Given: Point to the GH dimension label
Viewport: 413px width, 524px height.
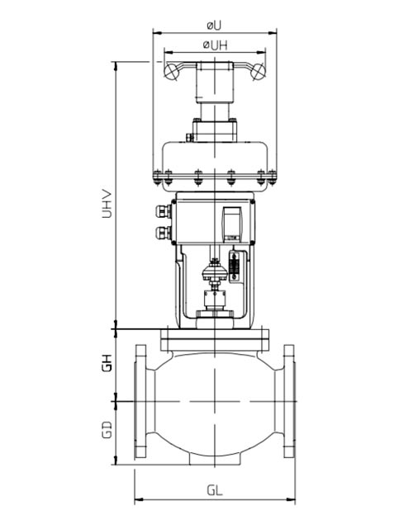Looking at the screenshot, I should point(107,363).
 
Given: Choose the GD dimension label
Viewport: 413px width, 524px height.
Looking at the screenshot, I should point(107,430).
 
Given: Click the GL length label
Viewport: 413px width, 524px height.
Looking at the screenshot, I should point(215,490).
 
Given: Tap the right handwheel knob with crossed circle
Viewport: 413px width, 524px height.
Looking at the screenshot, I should point(258,73).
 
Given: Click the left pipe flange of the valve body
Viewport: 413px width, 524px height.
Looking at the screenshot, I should point(141,400).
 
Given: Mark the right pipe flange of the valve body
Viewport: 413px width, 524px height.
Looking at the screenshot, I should point(288,400).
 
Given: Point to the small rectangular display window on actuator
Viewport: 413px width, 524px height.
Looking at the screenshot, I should point(233,223).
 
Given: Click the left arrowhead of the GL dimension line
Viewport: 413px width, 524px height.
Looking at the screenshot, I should point(137,498).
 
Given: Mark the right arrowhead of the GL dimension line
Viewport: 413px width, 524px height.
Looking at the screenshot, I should point(292,498).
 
